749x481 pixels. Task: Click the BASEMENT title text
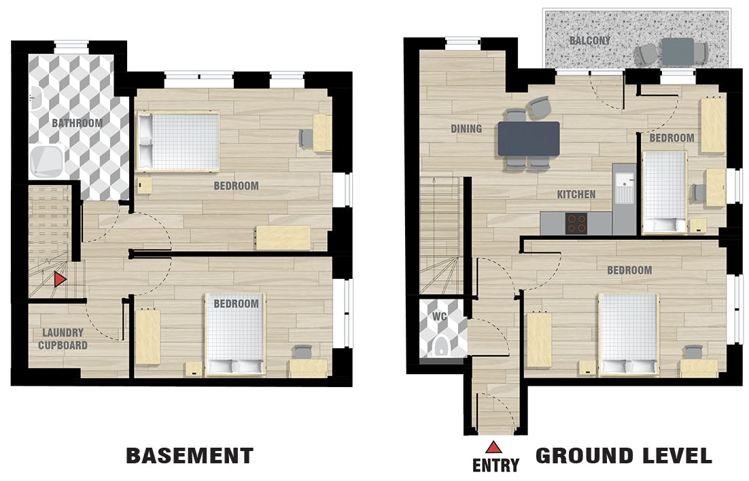(x=190, y=456)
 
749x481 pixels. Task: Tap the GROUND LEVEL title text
(x=624, y=456)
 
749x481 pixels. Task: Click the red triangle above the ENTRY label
(x=493, y=447)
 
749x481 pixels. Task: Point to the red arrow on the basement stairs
(x=60, y=279)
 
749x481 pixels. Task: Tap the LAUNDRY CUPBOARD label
(x=63, y=339)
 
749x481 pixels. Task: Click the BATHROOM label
(x=77, y=123)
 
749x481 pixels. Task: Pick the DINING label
(x=466, y=129)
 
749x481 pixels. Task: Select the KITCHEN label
(x=576, y=195)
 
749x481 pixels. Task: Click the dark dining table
(x=529, y=138)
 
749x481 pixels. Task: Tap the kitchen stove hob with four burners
(x=576, y=223)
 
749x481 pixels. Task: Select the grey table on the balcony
(x=676, y=51)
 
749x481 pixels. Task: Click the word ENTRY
(x=495, y=466)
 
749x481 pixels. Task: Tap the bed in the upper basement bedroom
(x=179, y=141)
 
